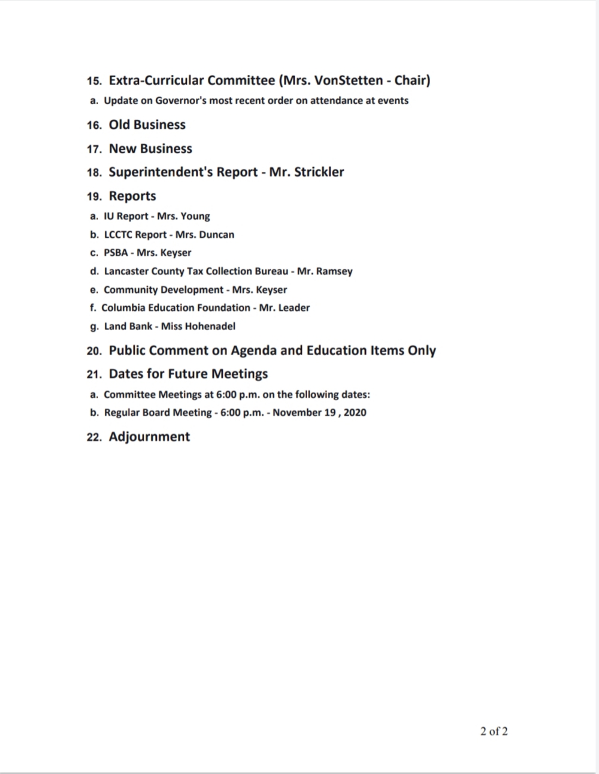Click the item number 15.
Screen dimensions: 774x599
pos(93,81)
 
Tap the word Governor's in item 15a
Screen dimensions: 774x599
pos(180,101)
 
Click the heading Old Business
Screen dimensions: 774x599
pos(147,125)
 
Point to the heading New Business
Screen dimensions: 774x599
pos(150,149)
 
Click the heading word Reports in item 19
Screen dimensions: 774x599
pos(132,196)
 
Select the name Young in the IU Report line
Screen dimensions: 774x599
pos(195,216)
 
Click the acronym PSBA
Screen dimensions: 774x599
pos(116,253)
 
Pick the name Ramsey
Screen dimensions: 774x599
pos(334,271)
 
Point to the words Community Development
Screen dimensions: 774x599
pos(164,290)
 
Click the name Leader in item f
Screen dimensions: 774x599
pos(294,308)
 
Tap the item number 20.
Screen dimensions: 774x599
pos(93,351)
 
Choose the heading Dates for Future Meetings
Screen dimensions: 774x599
pos(188,374)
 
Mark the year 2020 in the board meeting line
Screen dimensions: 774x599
pos(355,413)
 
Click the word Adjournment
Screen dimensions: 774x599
pos(149,437)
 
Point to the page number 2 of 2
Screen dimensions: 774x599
pos(494,731)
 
